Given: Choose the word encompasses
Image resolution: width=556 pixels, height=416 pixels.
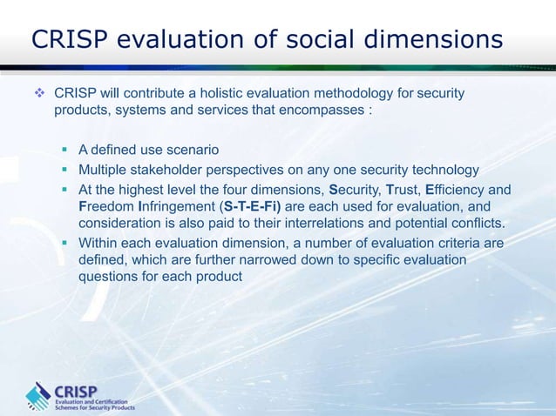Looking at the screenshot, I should tap(322, 111).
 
